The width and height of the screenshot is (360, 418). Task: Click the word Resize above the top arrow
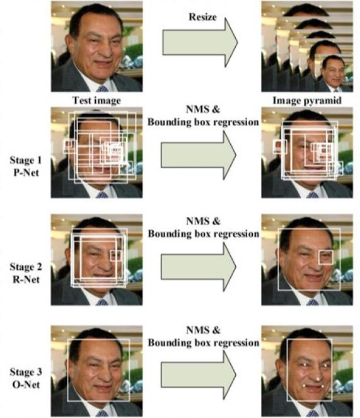202,17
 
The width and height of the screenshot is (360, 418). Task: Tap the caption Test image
96,100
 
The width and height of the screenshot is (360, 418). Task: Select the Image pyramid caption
307,100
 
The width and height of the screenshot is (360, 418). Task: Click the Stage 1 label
26,160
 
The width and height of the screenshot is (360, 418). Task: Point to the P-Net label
26,173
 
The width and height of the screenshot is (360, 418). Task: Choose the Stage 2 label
26,267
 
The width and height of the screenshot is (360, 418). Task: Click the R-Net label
26,279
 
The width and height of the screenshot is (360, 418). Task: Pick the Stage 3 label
26,372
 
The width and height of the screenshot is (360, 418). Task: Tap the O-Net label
26,385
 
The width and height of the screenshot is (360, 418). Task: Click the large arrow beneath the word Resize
200,43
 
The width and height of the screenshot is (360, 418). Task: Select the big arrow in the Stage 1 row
199,155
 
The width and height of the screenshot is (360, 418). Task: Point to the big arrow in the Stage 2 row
199,267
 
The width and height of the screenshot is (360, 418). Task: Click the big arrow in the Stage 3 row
199,375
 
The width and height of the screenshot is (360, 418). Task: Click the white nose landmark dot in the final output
318,379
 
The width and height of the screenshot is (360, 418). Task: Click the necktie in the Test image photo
102,88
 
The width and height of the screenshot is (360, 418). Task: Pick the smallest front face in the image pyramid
334,70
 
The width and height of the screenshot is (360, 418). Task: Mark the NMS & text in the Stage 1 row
203,109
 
